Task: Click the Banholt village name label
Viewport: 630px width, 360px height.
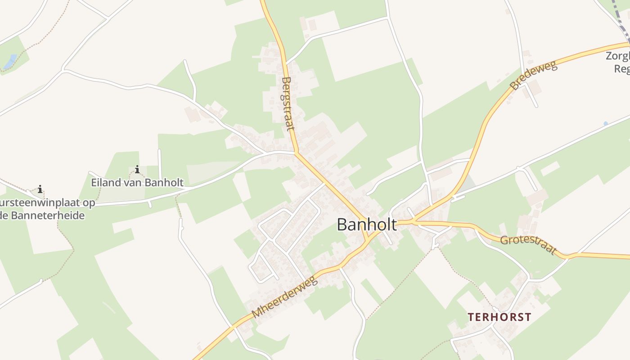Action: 367,225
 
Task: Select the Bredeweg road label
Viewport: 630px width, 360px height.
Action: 534,75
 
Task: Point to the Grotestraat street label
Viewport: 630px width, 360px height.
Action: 528,244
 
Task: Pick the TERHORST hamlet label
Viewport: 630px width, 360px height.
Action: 499,317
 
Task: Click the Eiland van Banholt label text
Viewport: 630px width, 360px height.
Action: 137,182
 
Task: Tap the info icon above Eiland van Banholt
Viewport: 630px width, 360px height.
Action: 137,170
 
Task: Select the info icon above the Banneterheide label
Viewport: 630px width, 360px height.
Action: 40,189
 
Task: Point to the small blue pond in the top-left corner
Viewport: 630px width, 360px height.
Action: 10,62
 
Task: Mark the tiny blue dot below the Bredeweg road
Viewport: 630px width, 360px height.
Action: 606,123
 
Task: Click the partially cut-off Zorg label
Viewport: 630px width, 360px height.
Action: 617,57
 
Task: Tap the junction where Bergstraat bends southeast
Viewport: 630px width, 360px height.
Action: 297,153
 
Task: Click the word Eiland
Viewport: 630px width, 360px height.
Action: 104,182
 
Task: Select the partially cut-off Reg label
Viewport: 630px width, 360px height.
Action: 622,69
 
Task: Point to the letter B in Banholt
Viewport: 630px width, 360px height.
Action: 342,225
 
